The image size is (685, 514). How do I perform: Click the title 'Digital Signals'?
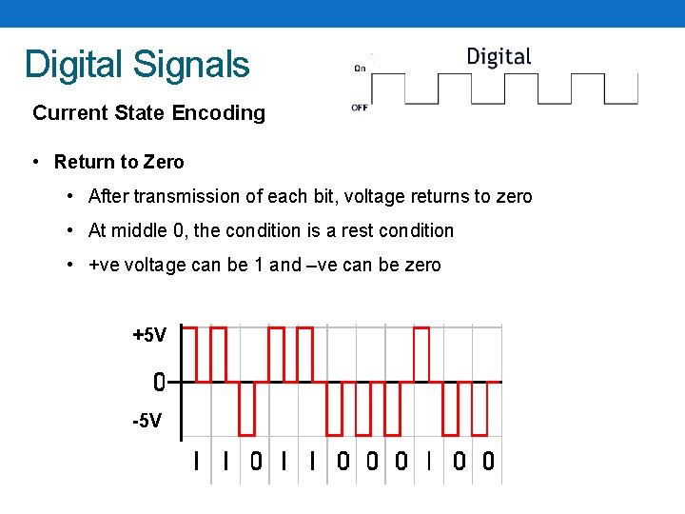(137, 65)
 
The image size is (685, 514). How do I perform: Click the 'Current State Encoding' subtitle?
(148, 113)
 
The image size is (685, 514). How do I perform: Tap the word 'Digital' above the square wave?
(499, 57)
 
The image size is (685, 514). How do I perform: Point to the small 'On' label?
(360, 68)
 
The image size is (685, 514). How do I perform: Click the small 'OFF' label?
(360, 108)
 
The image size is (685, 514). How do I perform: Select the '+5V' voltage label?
(149, 335)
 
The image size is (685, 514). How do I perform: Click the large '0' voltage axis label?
(159, 383)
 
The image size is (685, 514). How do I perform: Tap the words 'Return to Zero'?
(119, 162)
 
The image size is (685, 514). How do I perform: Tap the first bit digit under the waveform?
(196, 462)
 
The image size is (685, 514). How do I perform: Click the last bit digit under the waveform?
(488, 462)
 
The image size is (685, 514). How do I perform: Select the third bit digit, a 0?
(255, 462)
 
